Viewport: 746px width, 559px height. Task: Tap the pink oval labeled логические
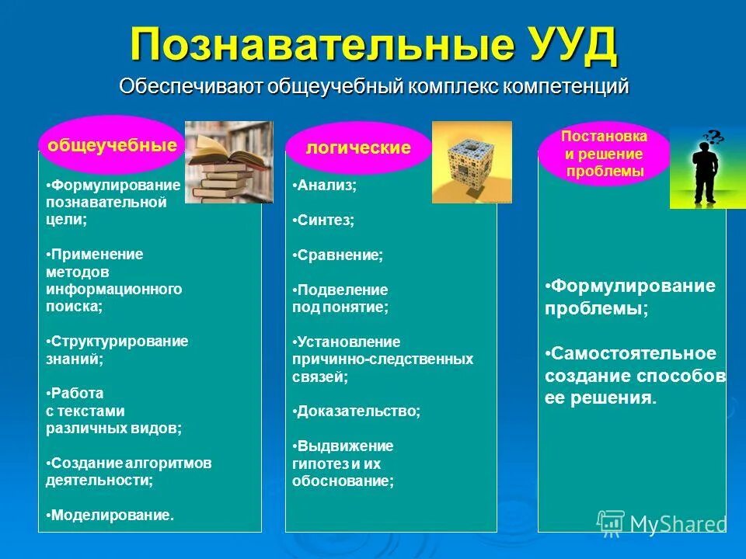[x=357, y=148]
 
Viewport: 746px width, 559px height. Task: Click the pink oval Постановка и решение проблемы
[x=604, y=154]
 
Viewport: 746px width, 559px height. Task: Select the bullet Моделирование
[x=111, y=515]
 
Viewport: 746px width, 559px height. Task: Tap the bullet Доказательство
[x=358, y=411]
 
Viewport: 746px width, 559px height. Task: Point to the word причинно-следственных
[x=382, y=359]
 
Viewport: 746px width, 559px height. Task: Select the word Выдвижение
[x=345, y=446]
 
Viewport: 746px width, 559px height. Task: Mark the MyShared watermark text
[x=678, y=524]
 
